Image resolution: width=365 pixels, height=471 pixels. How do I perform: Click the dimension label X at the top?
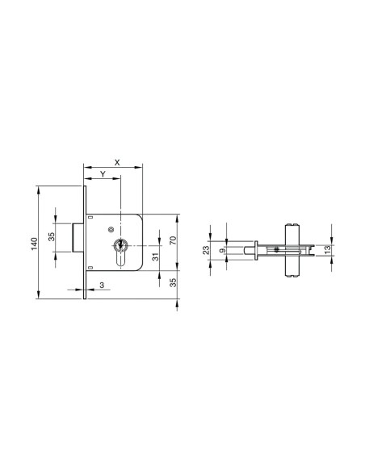point(117,162)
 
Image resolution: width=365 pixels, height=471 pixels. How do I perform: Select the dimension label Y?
point(103,175)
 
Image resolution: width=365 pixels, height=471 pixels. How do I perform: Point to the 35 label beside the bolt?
point(51,237)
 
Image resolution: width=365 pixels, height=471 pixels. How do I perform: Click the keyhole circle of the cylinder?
point(120,244)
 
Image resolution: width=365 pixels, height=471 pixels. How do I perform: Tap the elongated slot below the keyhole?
point(120,260)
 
